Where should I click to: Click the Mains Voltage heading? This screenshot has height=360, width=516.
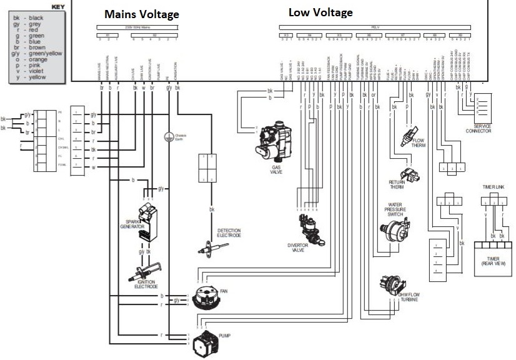click(x=141, y=14)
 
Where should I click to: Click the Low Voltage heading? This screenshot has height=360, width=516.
click(x=320, y=12)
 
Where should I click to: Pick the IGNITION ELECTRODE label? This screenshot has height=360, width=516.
click(x=146, y=284)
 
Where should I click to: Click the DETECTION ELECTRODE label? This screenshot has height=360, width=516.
click(x=229, y=234)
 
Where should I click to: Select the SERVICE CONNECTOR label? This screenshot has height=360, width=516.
click(x=478, y=129)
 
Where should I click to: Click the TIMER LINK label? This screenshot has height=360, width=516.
click(x=494, y=186)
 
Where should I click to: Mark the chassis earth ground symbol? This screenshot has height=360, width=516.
click(x=167, y=136)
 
